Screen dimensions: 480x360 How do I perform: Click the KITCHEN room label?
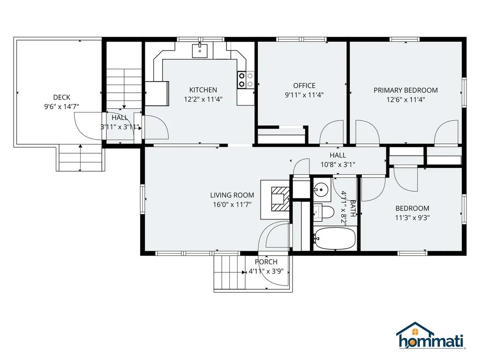coord(203,90)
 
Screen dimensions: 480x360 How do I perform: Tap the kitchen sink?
coord(200,51)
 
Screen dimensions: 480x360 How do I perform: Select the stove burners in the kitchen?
coord(246,80)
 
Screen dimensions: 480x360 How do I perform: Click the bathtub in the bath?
coord(335,239)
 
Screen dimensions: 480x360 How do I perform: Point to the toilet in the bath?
coord(323,212)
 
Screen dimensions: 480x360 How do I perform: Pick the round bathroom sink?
coord(321,190)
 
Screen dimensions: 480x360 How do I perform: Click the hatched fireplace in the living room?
coord(280,199)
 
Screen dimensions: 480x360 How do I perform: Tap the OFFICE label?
coord(304,86)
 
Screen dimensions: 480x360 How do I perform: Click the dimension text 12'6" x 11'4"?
coord(405,99)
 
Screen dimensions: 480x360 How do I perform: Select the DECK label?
coord(62,97)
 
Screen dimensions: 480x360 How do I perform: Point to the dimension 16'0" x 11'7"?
coord(232,204)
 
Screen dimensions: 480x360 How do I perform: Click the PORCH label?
coord(266,262)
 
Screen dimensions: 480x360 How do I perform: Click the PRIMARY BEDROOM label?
coord(405,90)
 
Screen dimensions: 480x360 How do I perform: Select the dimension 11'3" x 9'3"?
coord(412,217)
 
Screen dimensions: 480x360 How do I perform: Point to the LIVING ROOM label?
coord(232,195)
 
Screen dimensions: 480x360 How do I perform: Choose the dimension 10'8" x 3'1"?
coord(338,165)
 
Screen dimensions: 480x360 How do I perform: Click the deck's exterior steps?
coord(81,157)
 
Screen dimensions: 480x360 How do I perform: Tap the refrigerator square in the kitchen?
coord(157,93)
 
